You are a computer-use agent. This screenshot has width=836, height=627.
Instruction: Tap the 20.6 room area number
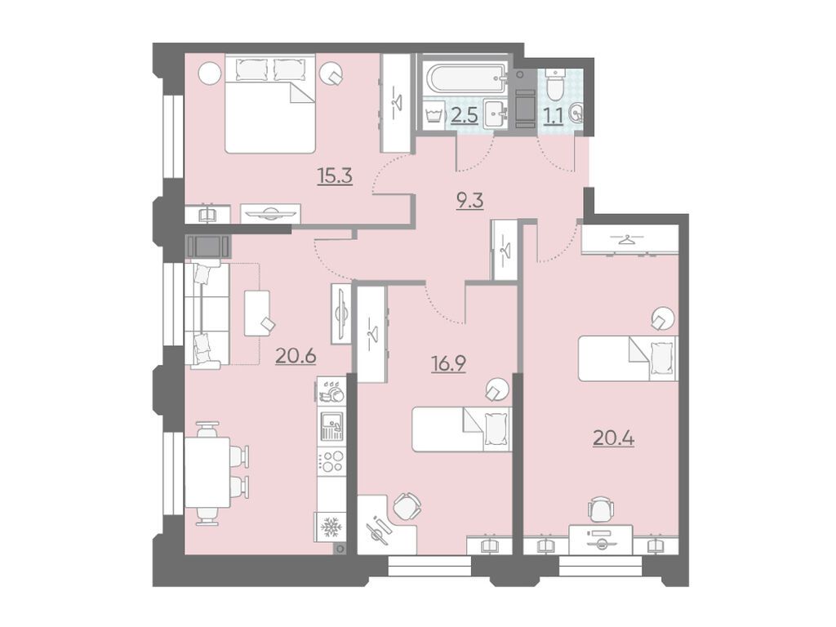click(x=296, y=356)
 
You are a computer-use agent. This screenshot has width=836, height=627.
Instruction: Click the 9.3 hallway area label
click(x=469, y=201)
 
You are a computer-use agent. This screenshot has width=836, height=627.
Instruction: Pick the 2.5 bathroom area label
click(x=465, y=115)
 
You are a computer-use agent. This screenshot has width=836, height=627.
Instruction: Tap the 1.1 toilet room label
click(x=554, y=115)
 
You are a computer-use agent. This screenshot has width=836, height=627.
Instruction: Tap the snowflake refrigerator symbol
click(x=330, y=528)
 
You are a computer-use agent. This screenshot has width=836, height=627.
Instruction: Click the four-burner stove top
click(x=331, y=461)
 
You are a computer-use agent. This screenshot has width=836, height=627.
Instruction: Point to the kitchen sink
click(x=331, y=426)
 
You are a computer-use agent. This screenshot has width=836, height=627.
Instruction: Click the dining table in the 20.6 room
click(x=207, y=473)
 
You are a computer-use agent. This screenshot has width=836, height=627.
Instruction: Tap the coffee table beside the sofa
click(x=257, y=313)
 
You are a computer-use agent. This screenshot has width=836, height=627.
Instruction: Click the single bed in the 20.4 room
click(x=628, y=358)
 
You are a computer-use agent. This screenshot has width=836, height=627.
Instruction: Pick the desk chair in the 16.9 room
click(x=407, y=505)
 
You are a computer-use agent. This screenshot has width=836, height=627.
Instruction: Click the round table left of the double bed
click(x=209, y=72)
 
